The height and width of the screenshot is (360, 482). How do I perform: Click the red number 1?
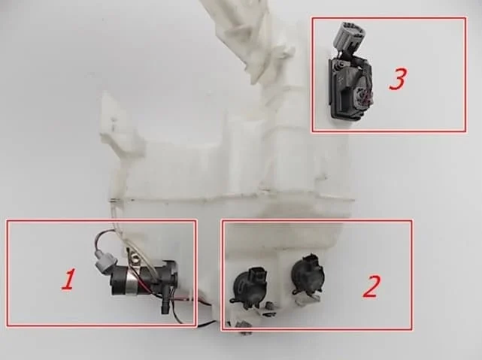[x=68, y=280]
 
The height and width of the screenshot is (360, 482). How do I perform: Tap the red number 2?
[x=371, y=286]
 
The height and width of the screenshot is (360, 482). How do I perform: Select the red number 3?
[x=398, y=79]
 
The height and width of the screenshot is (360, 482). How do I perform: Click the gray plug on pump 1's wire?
[x=105, y=262]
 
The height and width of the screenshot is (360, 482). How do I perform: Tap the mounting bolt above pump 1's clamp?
[x=133, y=255]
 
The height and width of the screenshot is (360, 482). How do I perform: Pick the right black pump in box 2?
[x=308, y=274]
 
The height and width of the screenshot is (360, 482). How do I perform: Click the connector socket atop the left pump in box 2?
[x=256, y=274]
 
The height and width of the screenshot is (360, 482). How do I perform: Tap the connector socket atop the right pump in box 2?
[x=311, y=259]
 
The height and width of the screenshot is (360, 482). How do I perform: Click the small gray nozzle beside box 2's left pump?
[x=270, y=305]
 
